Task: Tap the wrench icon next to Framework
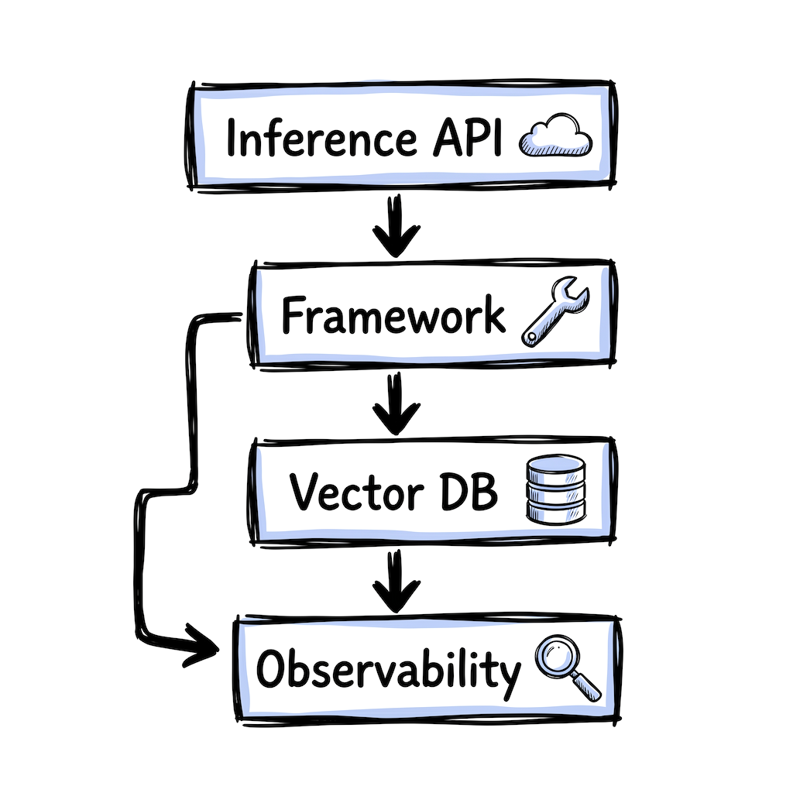[x=555, y=313]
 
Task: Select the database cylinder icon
[x=554, y=488]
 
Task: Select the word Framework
[x=393, y=316]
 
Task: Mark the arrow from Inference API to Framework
[x=396, y=226]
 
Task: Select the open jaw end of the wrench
[x=576, y=294]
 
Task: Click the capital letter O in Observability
[x=273, y=669]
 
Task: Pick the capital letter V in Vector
[x=306, y=493]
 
